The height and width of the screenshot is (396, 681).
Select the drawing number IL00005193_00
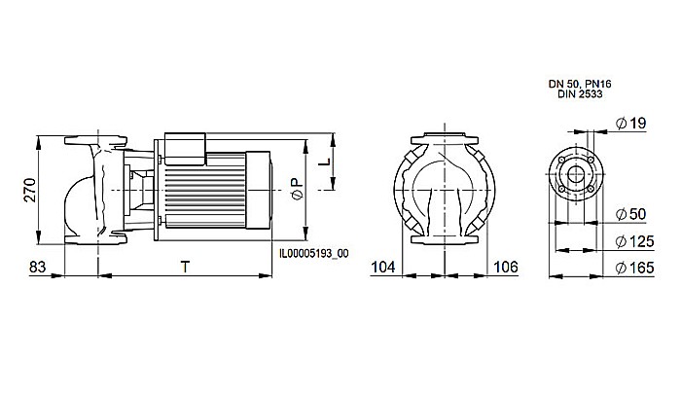coord(314,251)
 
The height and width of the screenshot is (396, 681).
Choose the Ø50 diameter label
coord(633,214)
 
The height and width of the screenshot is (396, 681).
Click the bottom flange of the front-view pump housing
coord(445,237)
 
